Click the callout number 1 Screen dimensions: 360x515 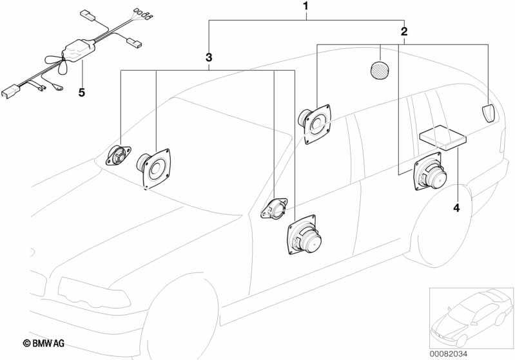pyautogui.click(x=306, y=7)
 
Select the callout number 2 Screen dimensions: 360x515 pyautogui.click(x=404, y=31)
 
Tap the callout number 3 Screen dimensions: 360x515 pyautogui.click(x=209, y=58)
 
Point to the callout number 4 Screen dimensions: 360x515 pyautogui.click(x=456, y=208)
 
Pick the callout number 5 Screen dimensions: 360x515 pyautogui.click(x=81, y=93)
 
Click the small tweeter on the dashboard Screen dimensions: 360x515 pyautogui.click(x=119, y=155)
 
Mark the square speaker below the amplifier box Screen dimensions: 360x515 pyautogui.click(x=430, y=172)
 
